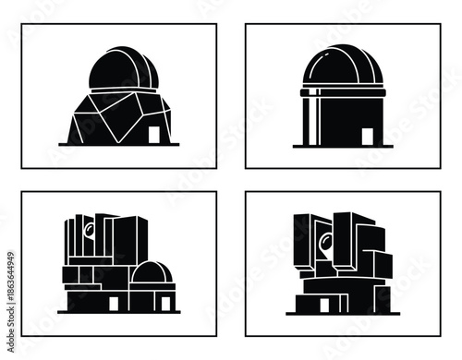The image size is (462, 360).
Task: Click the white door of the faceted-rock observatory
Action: point(154,135)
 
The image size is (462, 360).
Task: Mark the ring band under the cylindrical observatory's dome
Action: point(342,93)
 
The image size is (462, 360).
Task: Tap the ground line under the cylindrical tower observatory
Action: point(342,146)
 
